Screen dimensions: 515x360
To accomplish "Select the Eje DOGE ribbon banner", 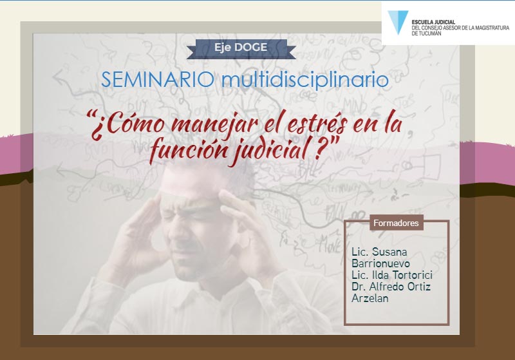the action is point(241,48).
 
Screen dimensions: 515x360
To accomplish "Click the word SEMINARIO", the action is point(158,80).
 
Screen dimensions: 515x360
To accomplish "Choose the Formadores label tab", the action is point(396,223).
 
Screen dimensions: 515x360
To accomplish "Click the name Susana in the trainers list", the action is point(390,252).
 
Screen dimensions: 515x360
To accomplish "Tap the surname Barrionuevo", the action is point(380,263).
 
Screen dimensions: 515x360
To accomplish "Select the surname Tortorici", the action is point(412,275).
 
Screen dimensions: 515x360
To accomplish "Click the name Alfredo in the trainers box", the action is point(387,287).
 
